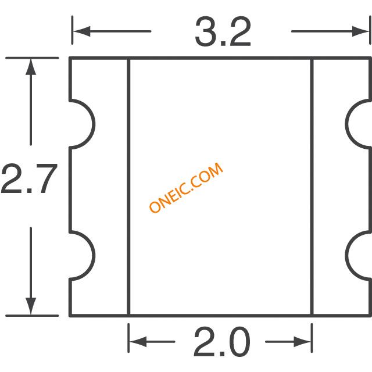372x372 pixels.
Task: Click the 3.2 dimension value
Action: (x=223, y=32)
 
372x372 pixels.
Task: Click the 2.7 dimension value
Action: (x=30, y=178)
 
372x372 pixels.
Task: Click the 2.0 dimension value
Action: (x=222, y=342)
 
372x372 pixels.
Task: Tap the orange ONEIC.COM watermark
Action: (x=186, y=187)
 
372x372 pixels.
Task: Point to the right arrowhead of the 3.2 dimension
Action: (x=360, y=31)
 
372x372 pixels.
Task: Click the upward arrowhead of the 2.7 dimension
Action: (x=31, y=67)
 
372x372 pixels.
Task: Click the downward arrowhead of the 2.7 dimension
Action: (x=31, y=306)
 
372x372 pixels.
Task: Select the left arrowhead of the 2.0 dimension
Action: (x=138, y=342)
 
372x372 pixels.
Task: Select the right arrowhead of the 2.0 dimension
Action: (x=302, y=342)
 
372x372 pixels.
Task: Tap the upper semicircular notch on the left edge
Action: (x=94, y=124)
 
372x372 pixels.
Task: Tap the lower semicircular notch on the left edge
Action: (x=94, y=256)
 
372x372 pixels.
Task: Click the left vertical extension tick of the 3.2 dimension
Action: (x=72, y=30)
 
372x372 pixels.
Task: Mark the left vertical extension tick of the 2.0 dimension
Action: (x=128, y=338)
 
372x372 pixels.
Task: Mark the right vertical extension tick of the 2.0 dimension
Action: (x=312, y=338)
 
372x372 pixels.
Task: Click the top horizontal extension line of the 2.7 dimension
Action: (x=32, y=58)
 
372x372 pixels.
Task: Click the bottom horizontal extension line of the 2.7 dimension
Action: (x=32, y=316)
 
